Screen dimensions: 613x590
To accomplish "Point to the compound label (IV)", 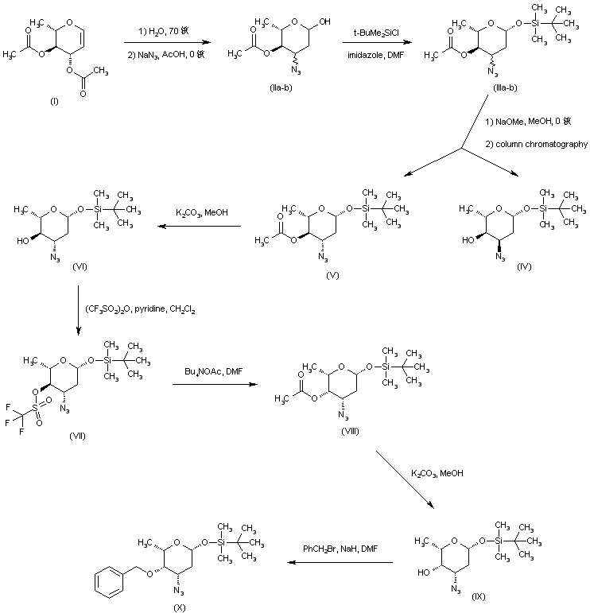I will tap(499, 268).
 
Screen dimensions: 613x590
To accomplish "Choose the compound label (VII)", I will tap(76, 435).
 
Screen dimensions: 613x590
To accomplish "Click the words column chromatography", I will tap(541, 144).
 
